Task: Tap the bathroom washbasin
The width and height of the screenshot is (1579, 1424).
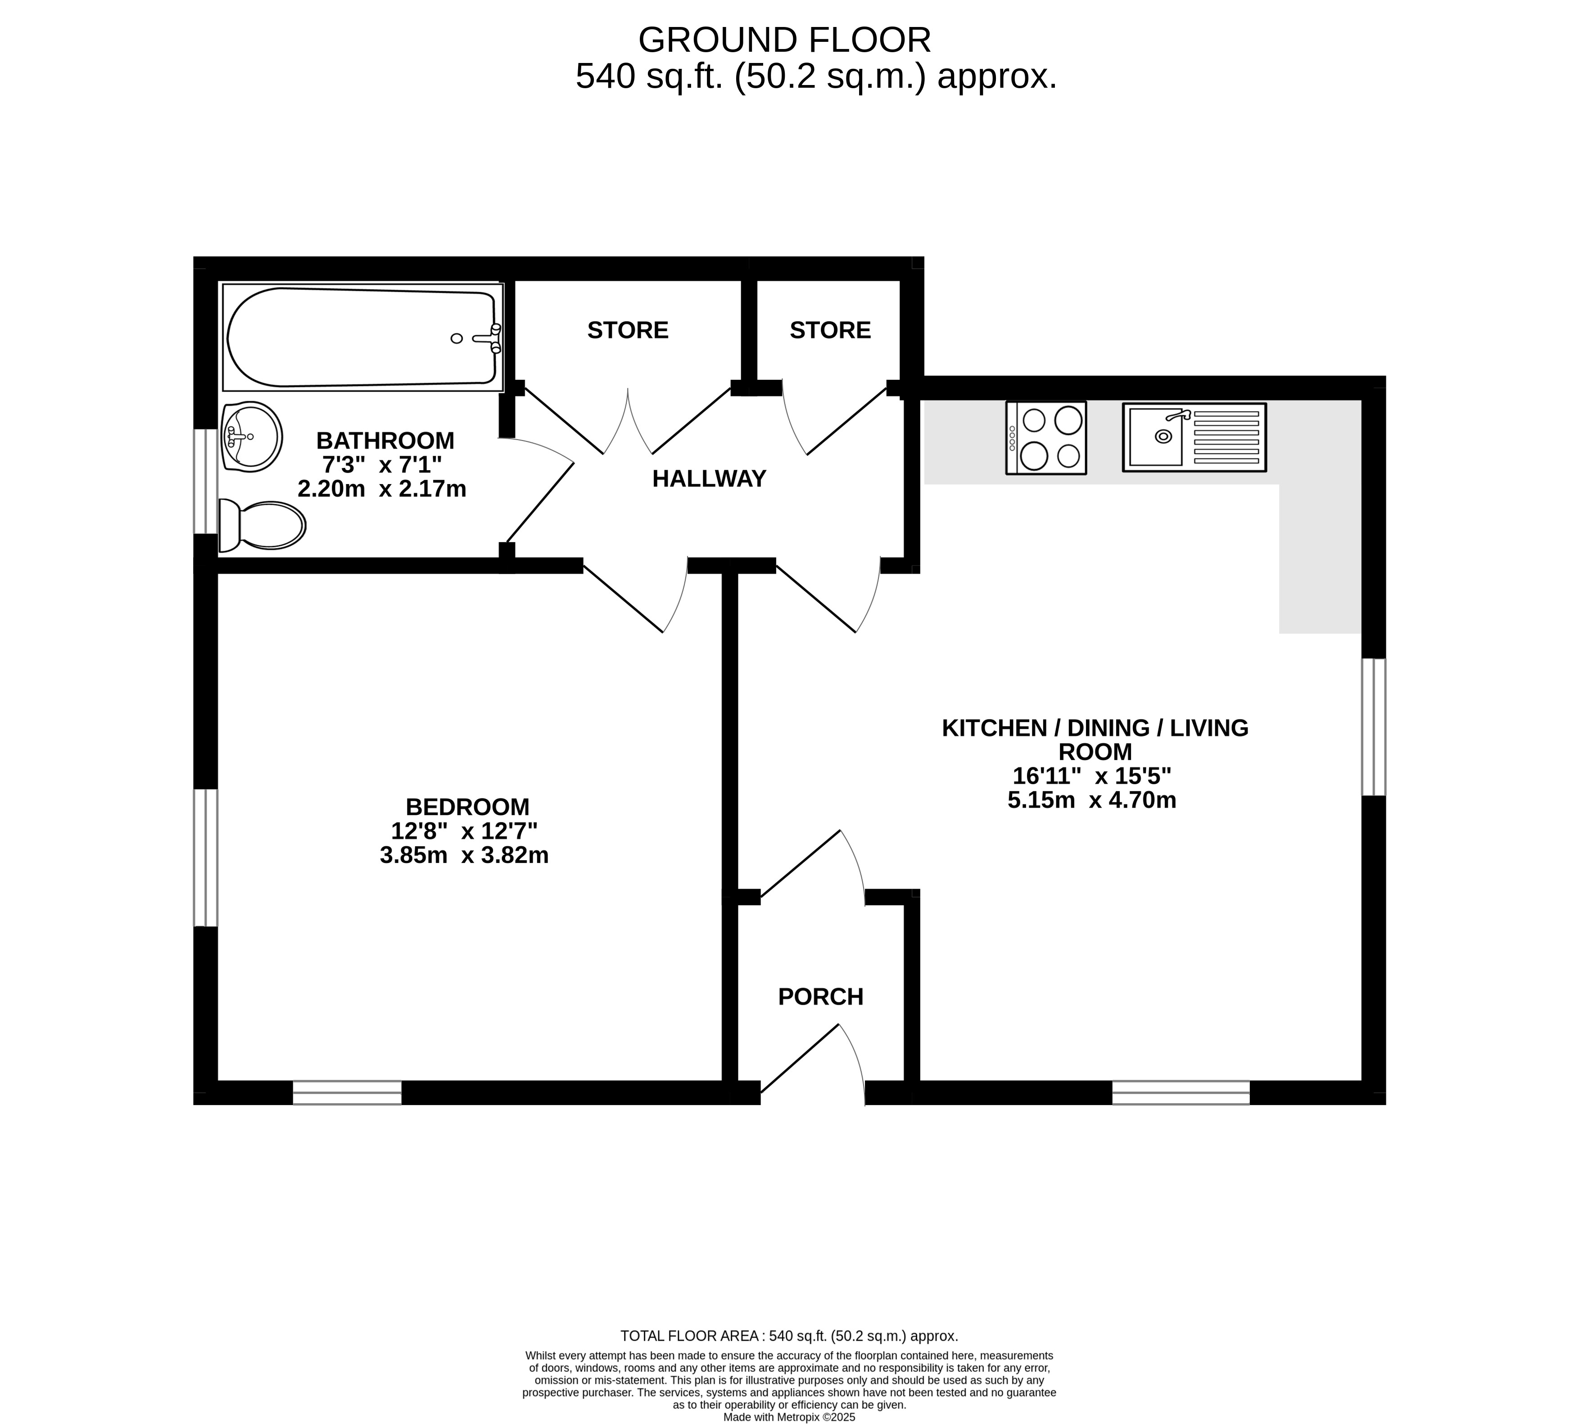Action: pos(251,436)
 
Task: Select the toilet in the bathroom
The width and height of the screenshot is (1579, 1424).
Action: pos(262,525)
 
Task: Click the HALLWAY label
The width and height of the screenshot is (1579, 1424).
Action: pos(709,479)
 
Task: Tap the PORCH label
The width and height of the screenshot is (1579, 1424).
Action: pos(820,997)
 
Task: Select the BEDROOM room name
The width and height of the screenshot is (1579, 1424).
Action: pos(467,807)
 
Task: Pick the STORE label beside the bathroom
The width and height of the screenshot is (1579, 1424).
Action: pos(628,330)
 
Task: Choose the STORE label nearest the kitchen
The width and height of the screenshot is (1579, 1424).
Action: pos(830,330)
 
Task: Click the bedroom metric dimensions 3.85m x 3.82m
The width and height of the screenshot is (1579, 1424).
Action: pos(464,855)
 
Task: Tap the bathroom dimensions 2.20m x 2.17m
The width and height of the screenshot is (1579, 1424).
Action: pos(382,489)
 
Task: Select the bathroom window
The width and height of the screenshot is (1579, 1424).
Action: pos(206,481)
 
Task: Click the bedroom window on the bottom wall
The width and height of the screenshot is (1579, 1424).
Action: pos(347,1092)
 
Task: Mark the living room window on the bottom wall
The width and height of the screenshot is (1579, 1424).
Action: pos(1181,1092)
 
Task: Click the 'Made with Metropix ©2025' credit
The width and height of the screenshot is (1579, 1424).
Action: pos(789,1417)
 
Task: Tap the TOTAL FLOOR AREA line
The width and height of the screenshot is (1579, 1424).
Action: pos(789,1336)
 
